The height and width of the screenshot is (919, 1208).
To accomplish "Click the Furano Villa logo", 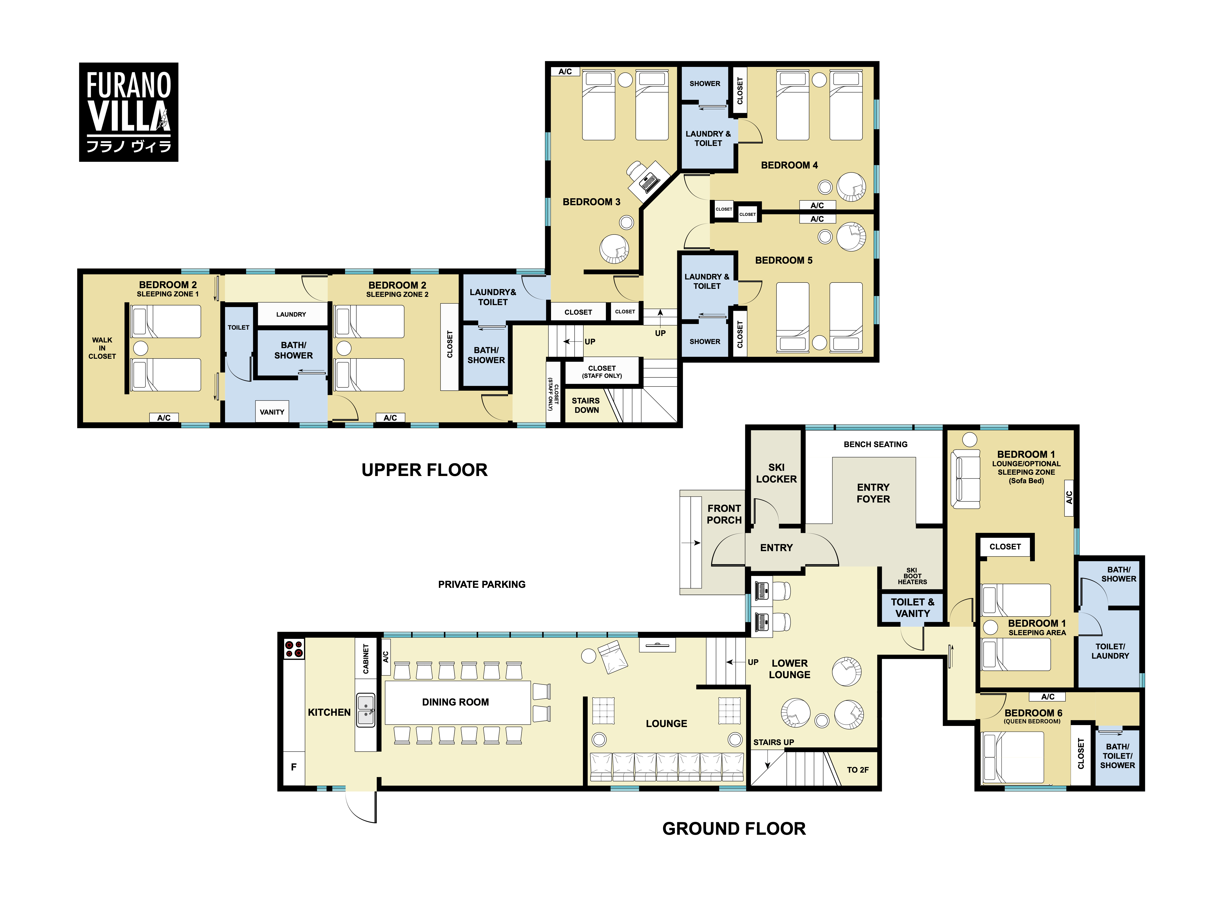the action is (x=129, y=112).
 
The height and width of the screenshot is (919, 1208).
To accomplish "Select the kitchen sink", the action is (x=366, y=710).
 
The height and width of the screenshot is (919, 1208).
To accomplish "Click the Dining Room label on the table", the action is (x=455, y=702).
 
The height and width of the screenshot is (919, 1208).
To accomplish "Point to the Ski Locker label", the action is (x=776, y=473).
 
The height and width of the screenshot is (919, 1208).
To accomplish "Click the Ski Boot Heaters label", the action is (x=913, y=576).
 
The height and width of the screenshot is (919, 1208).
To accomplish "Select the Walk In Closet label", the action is (x=102, y=348).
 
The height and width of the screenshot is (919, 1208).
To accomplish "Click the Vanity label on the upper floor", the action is (x=272, y=412).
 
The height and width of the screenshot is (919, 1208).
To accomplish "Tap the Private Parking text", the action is (x=482, y=584).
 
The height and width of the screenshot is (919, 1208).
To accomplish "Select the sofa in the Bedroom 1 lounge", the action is (x=965, y=479).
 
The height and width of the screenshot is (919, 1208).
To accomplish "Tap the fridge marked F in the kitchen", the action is (x=294, y=767).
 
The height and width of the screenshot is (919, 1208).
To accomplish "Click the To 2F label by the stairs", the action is (x=858, y=770).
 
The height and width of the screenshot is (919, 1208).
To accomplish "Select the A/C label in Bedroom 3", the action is (x=565, y=72).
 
